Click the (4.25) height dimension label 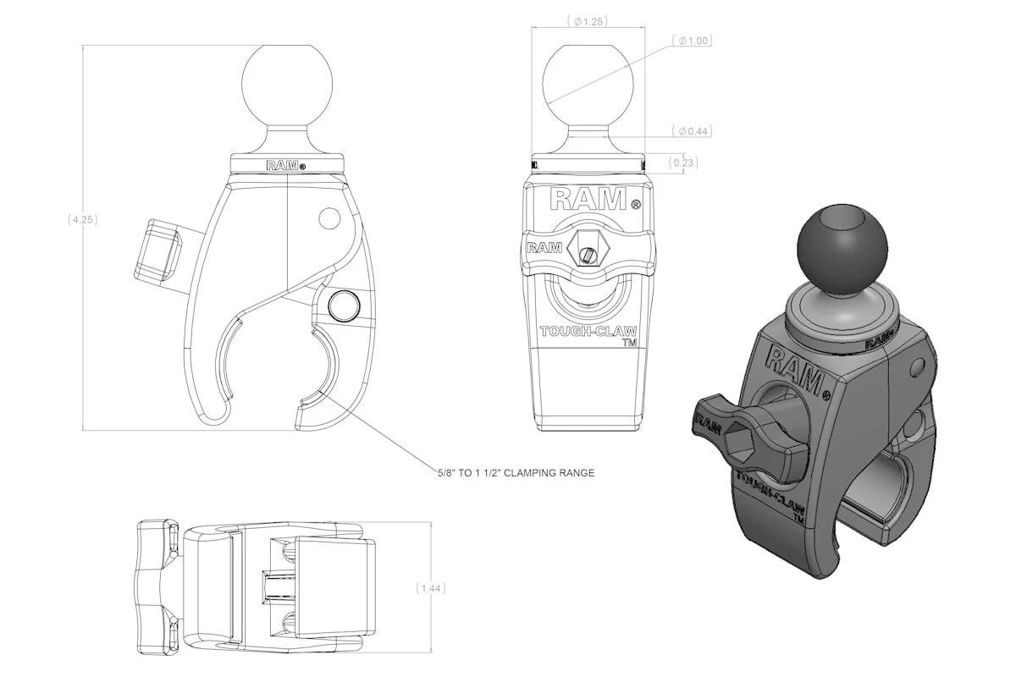[x=83, y=219]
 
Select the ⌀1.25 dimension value [x=588, y=21]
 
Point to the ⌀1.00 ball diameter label [x=692, y=41]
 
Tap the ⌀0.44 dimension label [x=693, y=131]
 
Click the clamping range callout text [x=511, y=473]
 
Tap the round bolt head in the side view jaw [x=343, y=303]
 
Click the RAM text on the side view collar [x=282, y=166]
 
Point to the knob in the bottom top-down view [x=155, y=587]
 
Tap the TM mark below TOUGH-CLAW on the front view [x=629, y=344]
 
